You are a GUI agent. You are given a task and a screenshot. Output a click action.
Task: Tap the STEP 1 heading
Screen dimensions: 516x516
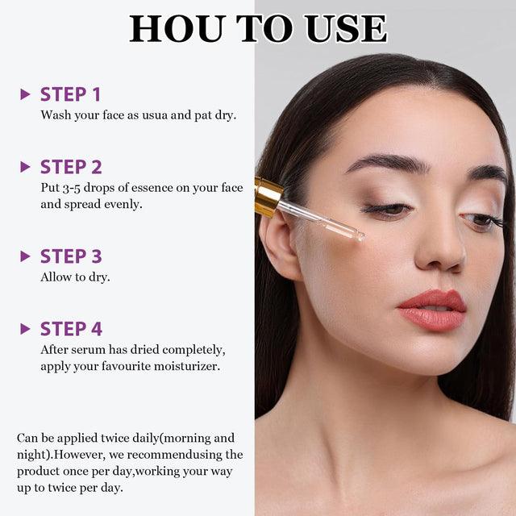click(71, 94)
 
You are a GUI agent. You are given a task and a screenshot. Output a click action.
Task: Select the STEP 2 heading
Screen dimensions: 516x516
click(71, 167)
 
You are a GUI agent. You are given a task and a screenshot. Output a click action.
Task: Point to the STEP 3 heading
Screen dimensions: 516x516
click(71, 256)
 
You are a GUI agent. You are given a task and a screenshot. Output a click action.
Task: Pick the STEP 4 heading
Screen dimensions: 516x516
click(71, 329)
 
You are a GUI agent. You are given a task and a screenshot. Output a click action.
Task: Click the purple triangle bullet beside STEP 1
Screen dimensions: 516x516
click(25, 94)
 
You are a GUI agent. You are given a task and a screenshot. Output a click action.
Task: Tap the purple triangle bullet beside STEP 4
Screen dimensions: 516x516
click(25, 329)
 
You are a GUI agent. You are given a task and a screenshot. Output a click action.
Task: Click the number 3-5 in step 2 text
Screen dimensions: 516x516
click(73, 188)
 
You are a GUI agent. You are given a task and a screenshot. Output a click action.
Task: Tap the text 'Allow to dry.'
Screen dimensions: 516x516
click(75, 277)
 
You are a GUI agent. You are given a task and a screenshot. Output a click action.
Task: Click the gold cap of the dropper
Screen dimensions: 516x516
click(268, 196)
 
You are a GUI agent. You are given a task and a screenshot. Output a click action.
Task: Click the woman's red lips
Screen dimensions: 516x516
click(432, 310)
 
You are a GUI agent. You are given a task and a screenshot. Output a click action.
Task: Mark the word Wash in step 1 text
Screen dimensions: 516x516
click(56, 114)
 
